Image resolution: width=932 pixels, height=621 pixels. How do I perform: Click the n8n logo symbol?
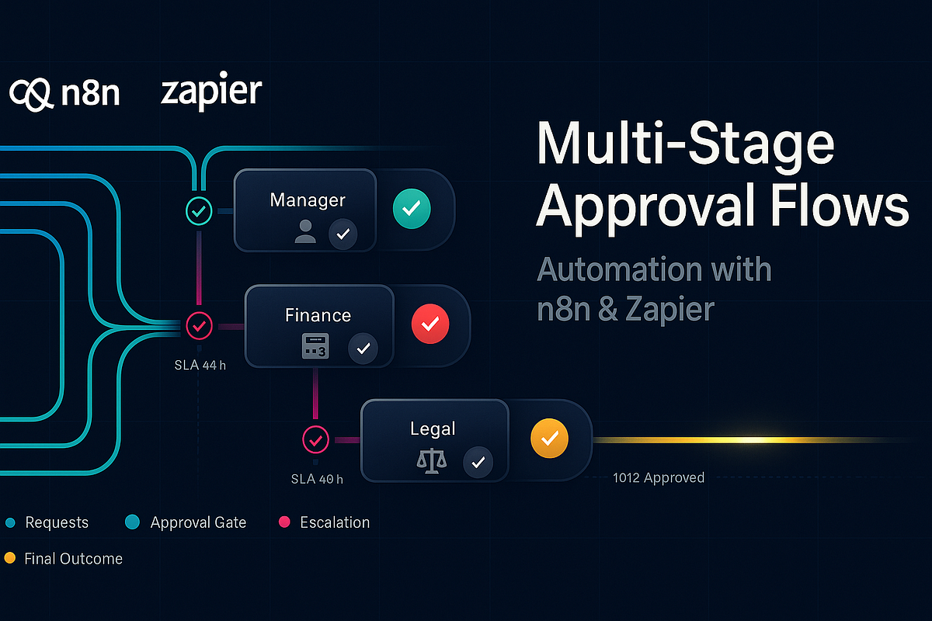[31, 95]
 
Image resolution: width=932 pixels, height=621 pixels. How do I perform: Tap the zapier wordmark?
[211, 92]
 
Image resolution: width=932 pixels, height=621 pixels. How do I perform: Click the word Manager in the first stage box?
[308, 200]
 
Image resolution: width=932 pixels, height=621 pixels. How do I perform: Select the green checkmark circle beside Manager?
[412, 208]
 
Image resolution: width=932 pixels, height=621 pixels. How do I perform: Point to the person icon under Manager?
[305, 231]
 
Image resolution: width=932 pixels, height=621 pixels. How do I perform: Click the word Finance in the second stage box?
[318, 315]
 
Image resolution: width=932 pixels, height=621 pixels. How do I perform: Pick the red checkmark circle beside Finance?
[430, 324]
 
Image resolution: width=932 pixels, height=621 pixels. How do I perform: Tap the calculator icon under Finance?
[315, 346]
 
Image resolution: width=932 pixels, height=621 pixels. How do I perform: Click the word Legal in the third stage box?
[433, 429]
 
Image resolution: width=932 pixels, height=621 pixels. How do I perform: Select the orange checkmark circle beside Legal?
[549, 438]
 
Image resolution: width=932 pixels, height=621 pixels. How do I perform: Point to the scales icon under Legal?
[432, 461]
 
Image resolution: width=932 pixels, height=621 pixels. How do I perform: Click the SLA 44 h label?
[200, 365]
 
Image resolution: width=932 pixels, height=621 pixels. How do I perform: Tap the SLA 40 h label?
[317, 479]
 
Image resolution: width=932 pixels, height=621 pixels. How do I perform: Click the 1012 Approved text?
[659, 478]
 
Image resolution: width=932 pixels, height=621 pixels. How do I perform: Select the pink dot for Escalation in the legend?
[284, 522]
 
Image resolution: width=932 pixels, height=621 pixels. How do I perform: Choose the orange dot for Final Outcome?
[10, 558]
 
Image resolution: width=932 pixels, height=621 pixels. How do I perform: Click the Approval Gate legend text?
[198, 522]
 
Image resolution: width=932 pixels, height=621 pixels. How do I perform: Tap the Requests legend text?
[57, 522]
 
